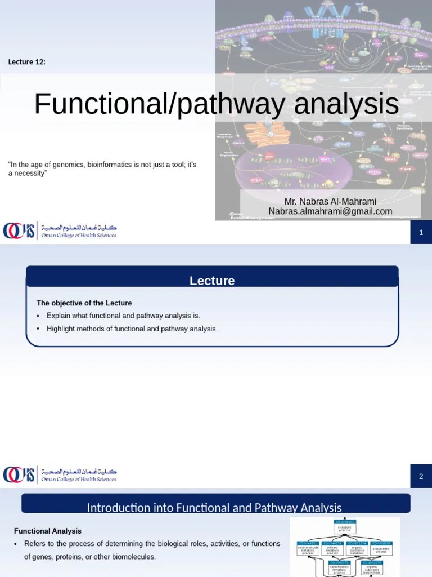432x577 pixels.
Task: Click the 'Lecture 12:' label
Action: point(26,62)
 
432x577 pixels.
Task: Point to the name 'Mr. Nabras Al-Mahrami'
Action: point(330,201)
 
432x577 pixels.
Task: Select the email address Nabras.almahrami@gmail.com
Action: point(330,211)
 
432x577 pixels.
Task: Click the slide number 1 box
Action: point(421,232)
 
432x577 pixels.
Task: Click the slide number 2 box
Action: point(421,477)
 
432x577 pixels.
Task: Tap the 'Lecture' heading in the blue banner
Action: point(212,281)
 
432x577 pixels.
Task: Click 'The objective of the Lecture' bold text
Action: point(84,303)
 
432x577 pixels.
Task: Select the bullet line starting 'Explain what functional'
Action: point(123,316)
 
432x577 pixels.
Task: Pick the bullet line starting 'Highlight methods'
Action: point(132,329)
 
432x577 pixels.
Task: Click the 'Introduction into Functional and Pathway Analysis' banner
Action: point(214,508)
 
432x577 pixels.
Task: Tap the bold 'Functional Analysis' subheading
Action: point(48,531)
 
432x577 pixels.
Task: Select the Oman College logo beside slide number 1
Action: point(60,231)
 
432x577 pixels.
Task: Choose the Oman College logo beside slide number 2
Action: point(60,475)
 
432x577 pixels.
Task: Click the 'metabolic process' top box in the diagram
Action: point(344,527)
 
